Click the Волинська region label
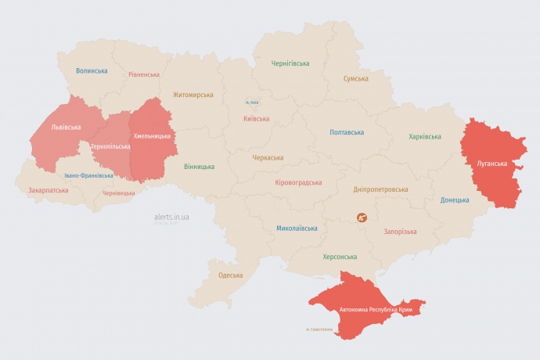click(92, 70)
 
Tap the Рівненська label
click(144, 74)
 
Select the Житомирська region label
click(193, 95)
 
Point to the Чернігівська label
click(290, 63)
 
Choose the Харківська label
click(424, 136)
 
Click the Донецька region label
click(455, 200)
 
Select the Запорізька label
click(400, 231)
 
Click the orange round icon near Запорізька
click(362, 218)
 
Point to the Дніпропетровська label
click(380, 189)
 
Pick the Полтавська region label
click(347, 132)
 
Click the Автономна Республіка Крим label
click(376, 310)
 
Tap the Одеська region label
click(230, 275)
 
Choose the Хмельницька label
click(152, 135)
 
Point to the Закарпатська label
click(48, 190)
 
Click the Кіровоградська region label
click(298, 182)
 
